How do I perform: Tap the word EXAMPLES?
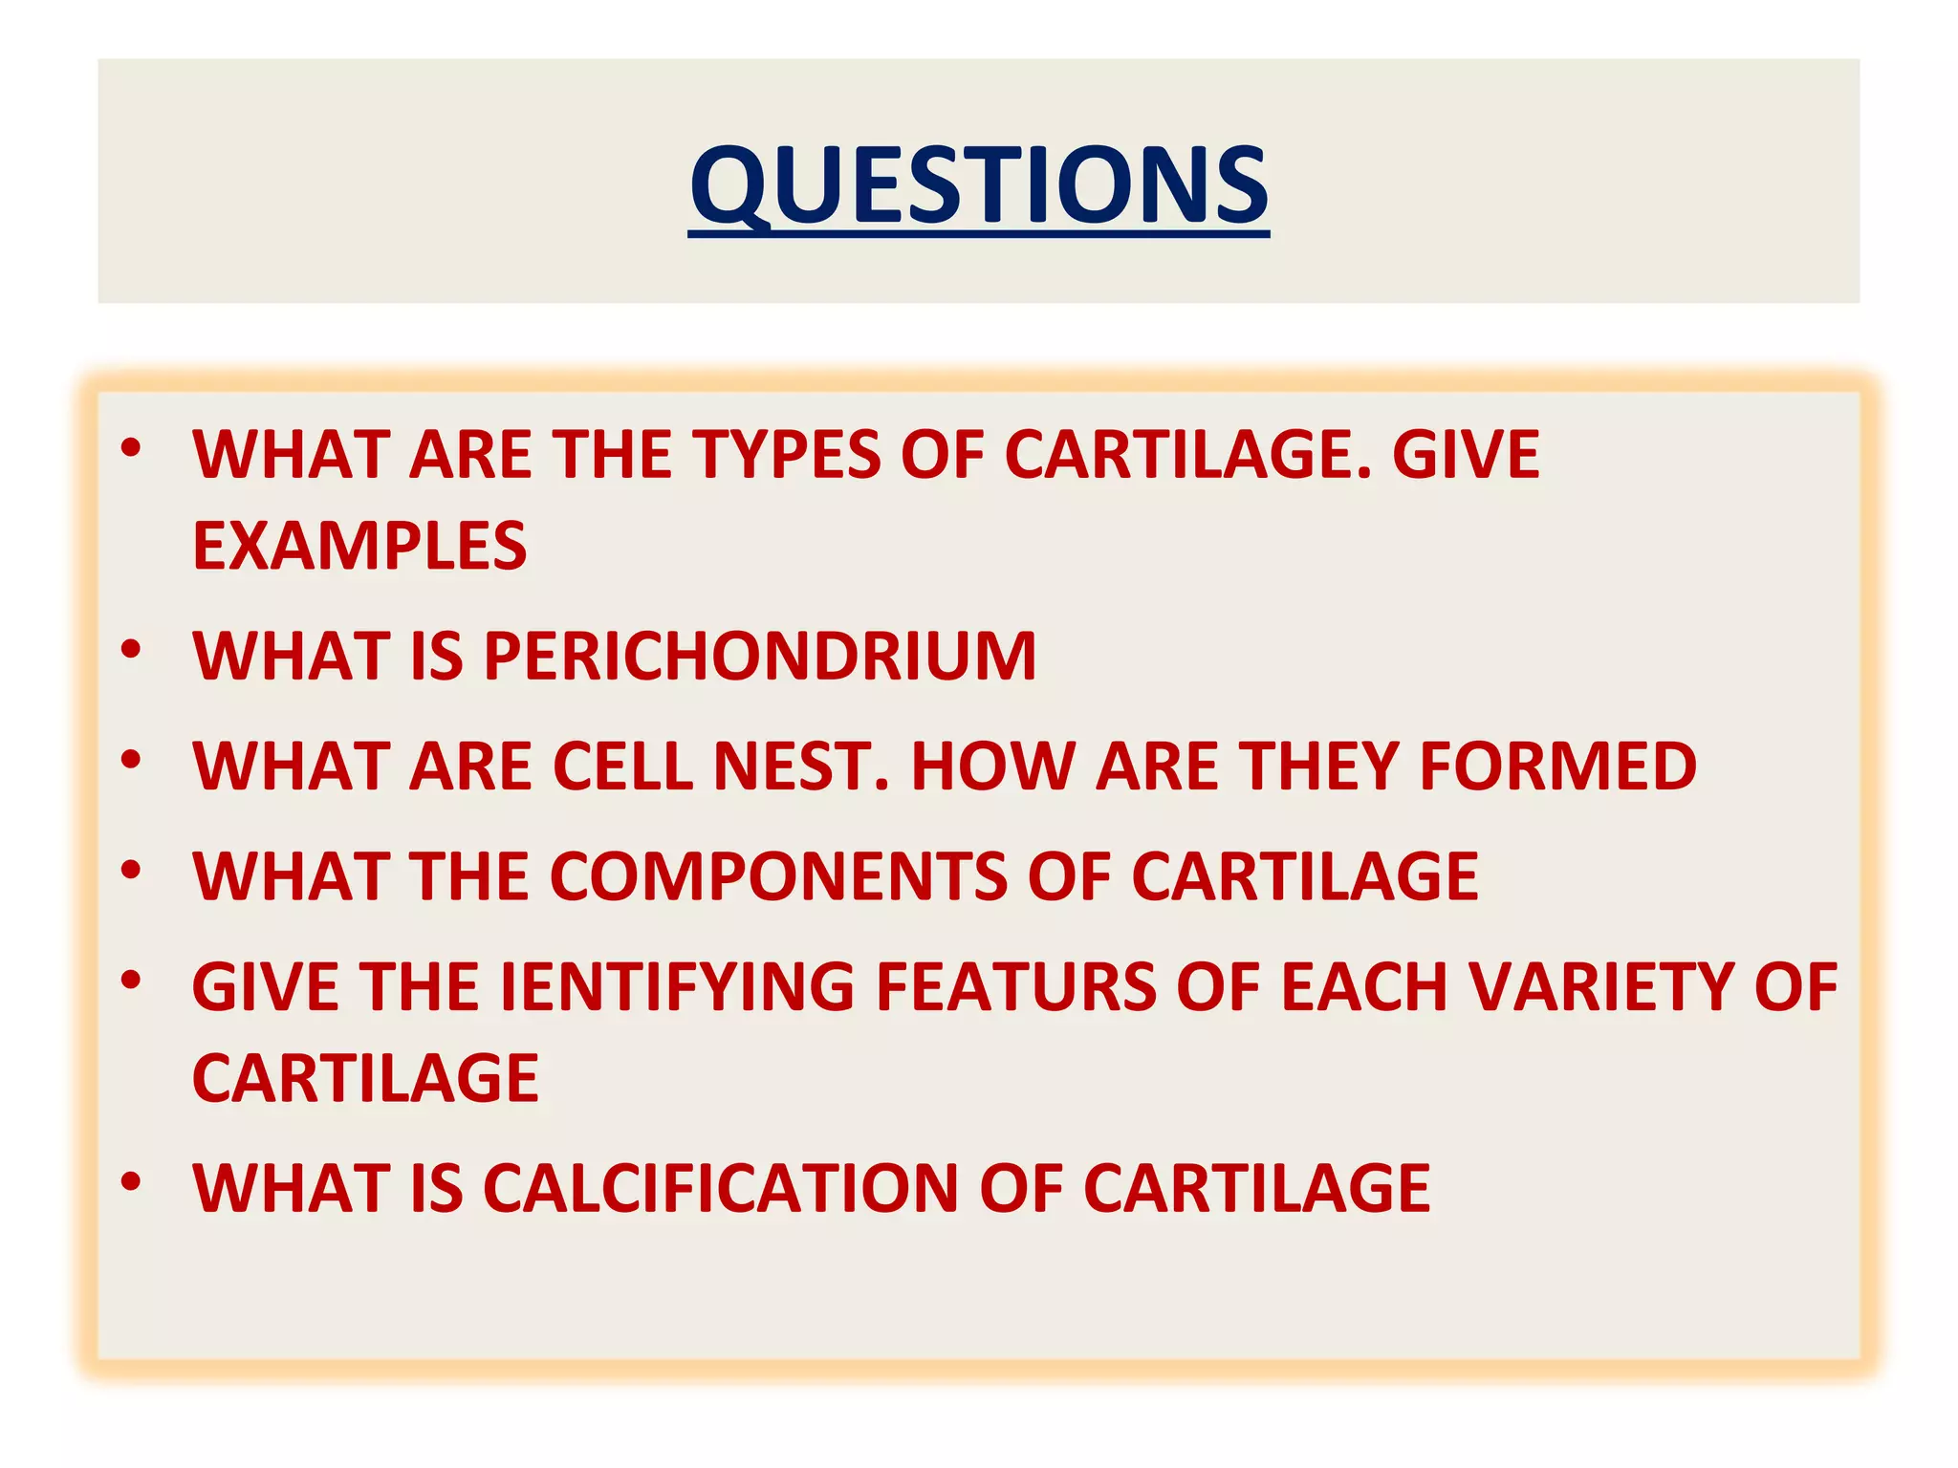[359, 546]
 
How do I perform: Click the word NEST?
[801, 766]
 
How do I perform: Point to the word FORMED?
[1557, 766]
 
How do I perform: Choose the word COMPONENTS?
[777, 876]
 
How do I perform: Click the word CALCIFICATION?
[720, 1189]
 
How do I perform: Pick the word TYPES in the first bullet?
[785, 454]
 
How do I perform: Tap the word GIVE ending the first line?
[1466, 454]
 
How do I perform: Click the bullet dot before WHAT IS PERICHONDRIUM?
[131, 650]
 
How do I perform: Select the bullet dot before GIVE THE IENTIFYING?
[131, 980]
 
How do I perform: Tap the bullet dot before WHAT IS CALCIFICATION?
[131, 1182]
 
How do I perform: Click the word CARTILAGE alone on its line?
[365, 1078]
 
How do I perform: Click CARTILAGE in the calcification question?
[1256, 1189]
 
